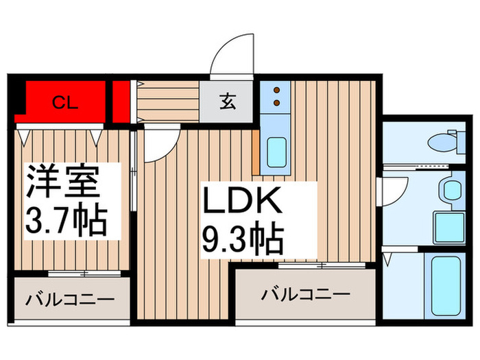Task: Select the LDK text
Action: click(x=241, y=203)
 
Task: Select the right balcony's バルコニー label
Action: click(x=306, y=294)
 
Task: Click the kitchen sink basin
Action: click(x=276, y=152)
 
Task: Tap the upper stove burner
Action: click(x=276, y=89)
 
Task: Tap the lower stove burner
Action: click(x=276, y=102)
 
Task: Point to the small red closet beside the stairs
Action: click(x=122, y=100)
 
